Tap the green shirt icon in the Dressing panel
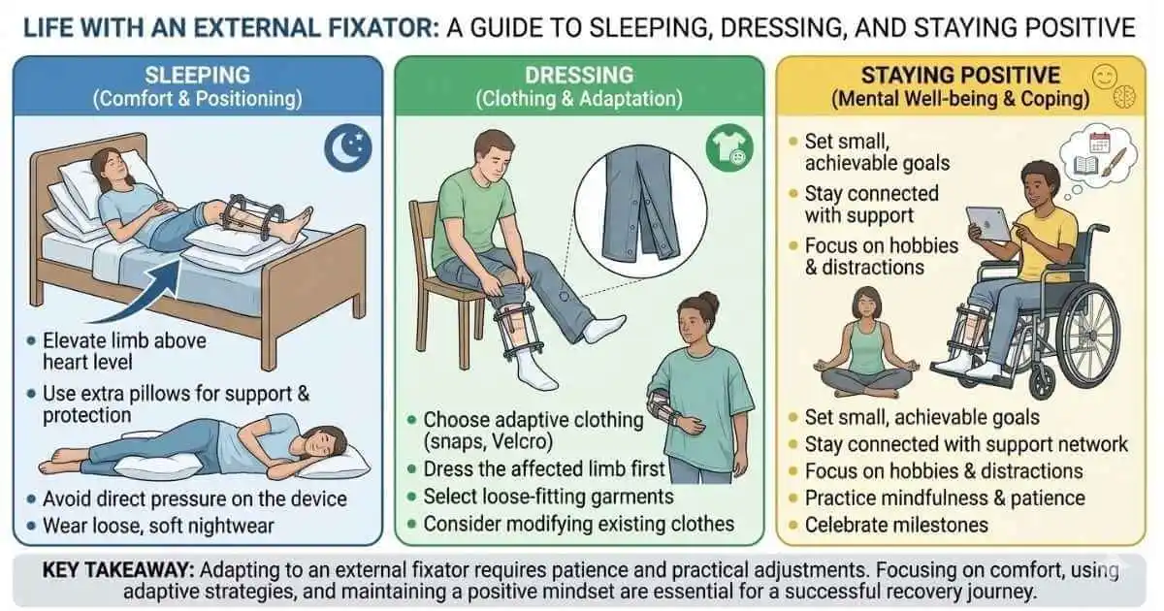[x=724, y=151]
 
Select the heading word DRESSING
[x=579, y=75]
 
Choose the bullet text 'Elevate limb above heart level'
[x=122, y=351]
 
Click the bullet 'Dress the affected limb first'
[x=544, y=469]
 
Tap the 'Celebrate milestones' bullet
[x=896, y=525]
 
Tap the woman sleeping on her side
[x=213, y=450]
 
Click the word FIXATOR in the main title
[x=367, y=25]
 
